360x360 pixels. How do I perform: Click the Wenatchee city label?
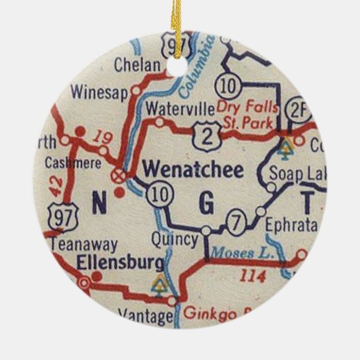[x=194, y=170]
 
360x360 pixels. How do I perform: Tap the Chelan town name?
[x=139, y=66]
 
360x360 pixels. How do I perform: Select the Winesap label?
[x=99, y=92]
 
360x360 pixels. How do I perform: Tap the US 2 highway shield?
[x=206, y=134]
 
